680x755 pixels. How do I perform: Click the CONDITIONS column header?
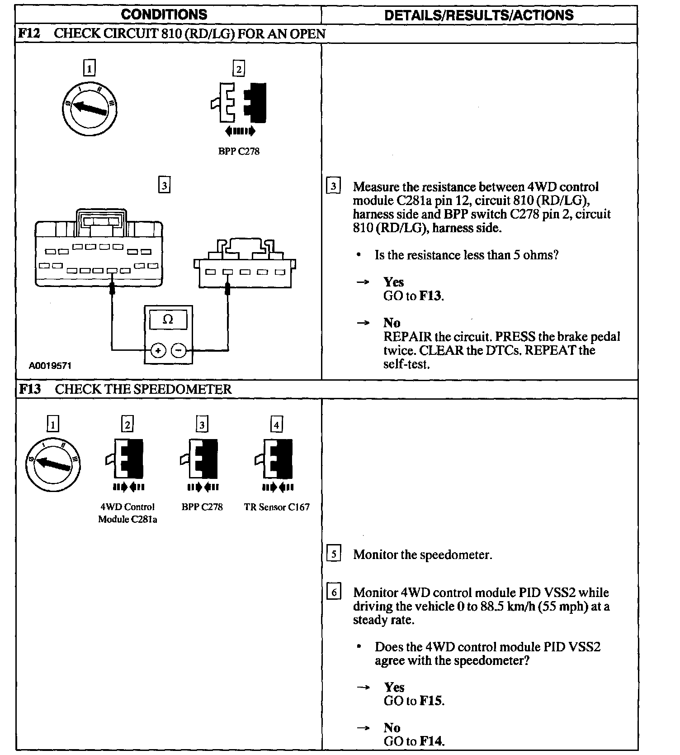pyautogui.click(x=164, y=14)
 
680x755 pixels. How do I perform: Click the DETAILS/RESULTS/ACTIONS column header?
pyautogui.click(x=478, y=15)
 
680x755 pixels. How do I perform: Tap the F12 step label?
pyautogui.click(x=30, y=33)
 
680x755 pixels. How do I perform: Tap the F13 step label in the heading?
pyautogui.click(x=30, y=389)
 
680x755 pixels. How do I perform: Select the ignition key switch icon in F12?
pyautogui.click(x=90, y=107)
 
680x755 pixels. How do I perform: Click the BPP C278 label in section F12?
pyautogui.click(x=239, y=152)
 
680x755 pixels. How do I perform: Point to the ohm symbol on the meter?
pyautogui.click(x=168, y=320)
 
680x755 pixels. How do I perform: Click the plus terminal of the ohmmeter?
pyautogui.click(x=158, y=350)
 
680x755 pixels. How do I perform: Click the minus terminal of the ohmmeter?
pyautogui.click(x=179, y=350)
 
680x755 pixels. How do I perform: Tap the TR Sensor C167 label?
pyautogui.click(x=277, y=507)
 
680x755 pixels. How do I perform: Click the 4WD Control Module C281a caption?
pyautogui.click(x=127, y=513)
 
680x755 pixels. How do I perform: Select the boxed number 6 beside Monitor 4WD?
pyautogui.click(x=334, y=593)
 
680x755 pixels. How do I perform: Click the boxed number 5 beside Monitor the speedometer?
pyautogui.click(x=334, y=554)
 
